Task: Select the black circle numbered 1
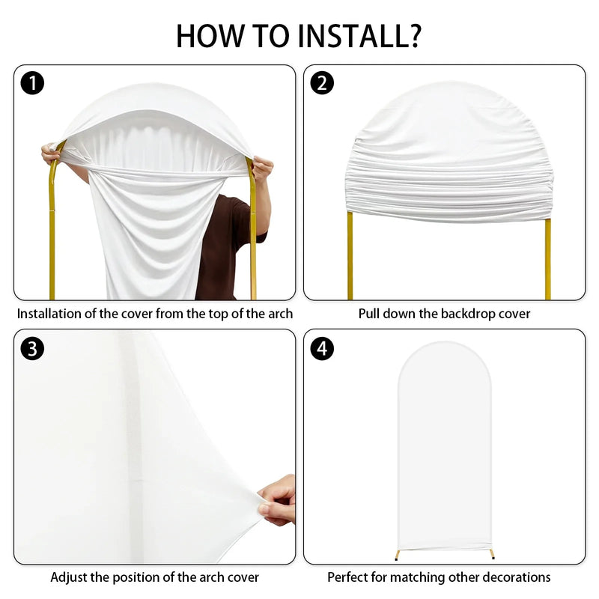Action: [32, 83]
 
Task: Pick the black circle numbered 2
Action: [322, 83]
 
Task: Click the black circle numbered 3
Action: [32, 348]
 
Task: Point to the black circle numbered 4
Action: [322, 348]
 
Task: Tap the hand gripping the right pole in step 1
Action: [263, 168]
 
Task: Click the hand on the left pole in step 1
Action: [51, 153]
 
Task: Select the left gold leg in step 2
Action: [350, 255]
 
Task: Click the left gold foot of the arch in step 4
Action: [398, 555]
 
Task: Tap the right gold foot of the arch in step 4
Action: [491, 554]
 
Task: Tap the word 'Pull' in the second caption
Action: [368, 314]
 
